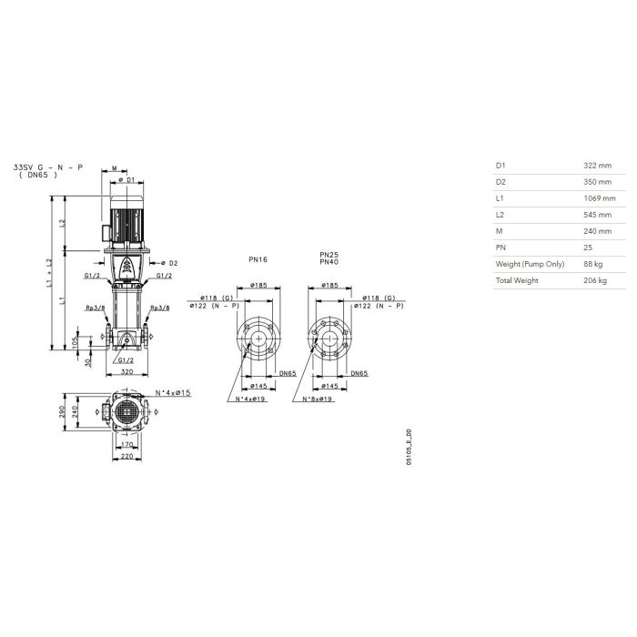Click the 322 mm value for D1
coord(597,166)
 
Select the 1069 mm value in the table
coord(600,198)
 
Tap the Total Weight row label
coord(517,280)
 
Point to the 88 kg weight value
coord(593,264)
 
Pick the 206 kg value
coord(595,280)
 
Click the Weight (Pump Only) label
coord(530,264)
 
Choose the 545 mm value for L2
coord(597,215)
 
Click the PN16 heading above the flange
coord(258,259)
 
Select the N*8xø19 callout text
coord(318,399)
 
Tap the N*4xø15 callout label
coord(173,393)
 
